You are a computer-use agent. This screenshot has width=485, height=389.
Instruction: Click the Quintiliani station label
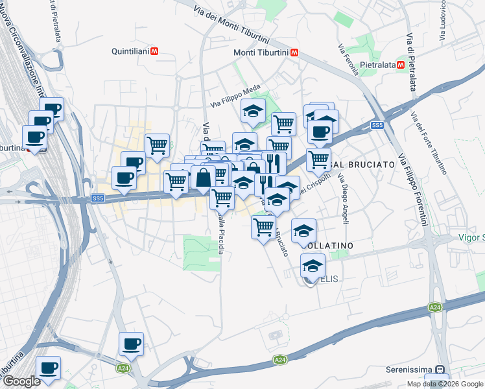pos(130,51)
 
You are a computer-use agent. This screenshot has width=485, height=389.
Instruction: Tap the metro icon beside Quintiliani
pos(154,51)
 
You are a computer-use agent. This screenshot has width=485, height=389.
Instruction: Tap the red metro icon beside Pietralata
pos(402,65)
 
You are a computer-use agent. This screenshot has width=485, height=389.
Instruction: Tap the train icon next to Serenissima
pos(440,370)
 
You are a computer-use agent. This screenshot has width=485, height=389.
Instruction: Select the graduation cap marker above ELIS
pos(313,266)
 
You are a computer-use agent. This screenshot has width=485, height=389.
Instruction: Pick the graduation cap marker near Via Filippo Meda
pos(253,111)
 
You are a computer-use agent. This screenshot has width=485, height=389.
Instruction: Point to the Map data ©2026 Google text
pos(445,384)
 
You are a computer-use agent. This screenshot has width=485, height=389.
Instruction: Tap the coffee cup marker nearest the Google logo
pos(48,368)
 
